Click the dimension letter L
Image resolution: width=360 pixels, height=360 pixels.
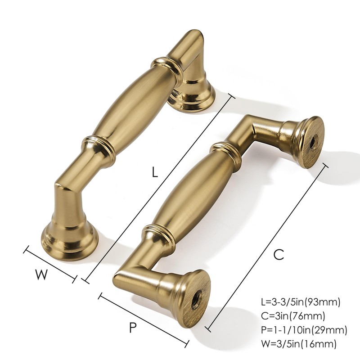pos(155,172)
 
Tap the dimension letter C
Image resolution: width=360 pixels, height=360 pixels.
pos(279,254)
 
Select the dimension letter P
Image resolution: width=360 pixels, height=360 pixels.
pos(132,328)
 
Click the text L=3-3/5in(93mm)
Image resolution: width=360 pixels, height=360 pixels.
pos(300,301)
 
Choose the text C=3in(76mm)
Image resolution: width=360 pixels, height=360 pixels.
pos(292,316)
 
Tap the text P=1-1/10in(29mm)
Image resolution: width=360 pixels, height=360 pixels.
pos(304,330)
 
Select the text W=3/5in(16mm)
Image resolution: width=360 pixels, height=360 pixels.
pos(298,345)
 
